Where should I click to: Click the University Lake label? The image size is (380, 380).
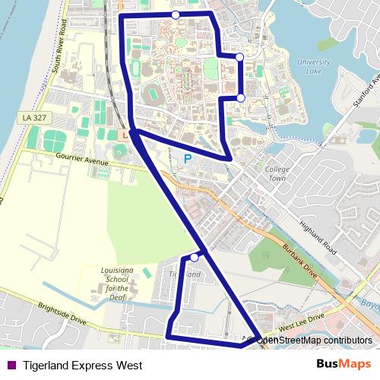point(314,67)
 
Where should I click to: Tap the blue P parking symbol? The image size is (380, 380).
point(186,160)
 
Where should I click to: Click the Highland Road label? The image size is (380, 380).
point(318,236)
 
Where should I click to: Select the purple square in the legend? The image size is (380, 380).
point(11,366)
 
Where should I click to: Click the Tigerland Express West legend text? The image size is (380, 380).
point(82,366)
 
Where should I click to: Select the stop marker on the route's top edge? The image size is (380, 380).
point(176,15)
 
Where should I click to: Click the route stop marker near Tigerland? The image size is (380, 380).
point(195,258)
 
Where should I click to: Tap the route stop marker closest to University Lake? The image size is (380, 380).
point(239,57)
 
